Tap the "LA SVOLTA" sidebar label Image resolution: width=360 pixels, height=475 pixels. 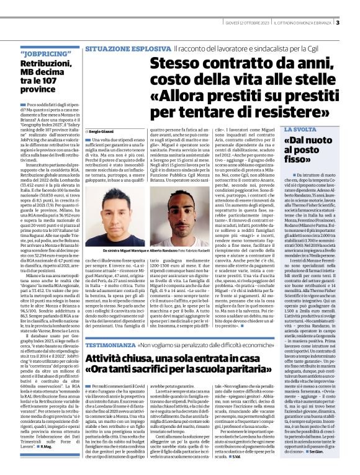(301, 130)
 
